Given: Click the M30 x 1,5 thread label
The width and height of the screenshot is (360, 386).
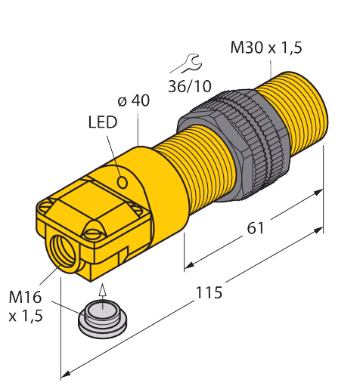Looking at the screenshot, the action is (266, 48).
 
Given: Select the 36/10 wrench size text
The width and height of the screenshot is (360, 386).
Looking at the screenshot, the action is (190, 86).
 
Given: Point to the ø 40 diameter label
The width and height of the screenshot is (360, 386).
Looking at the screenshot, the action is (134, 100).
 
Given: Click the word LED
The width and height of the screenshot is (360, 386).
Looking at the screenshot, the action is (103, 122).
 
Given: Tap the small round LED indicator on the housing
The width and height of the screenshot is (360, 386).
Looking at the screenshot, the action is (123, 182).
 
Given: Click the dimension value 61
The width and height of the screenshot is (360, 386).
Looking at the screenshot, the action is (256, 228).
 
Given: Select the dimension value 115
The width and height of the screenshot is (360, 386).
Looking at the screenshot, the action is (209, 292).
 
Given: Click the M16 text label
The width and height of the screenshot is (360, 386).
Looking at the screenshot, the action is (25, 297).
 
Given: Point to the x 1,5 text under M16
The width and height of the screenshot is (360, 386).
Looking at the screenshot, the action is (26, 316).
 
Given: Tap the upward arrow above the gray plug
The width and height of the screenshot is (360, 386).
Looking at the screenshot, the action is (102, 296).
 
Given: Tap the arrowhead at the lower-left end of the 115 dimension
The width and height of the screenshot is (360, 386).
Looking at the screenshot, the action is (64, 375).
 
